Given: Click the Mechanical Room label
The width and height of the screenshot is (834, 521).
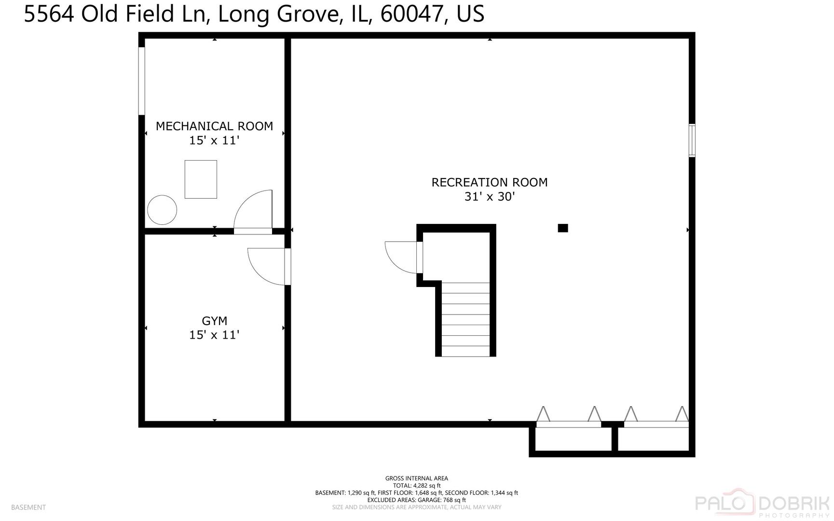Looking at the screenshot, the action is [x=214, y=126].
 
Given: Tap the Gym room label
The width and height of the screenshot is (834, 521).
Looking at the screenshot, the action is [x=214, y=321].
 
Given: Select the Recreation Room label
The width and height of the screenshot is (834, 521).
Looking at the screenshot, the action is [x=490, y=182].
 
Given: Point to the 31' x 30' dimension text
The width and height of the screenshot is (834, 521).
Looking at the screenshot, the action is [x=490, y=197].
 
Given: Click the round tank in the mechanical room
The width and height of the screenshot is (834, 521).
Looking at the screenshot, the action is [x=162, y=210].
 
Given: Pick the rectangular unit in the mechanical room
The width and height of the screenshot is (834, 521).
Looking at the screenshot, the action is [x=201, y=179].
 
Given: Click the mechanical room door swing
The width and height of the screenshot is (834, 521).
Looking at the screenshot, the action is [x=253, y=209].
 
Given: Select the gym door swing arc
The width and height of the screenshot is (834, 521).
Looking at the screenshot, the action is [x=266, y=266].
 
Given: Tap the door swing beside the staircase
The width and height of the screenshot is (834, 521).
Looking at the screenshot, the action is [x=401, y=258].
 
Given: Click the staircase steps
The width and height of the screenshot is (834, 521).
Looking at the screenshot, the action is [x=465, y=319].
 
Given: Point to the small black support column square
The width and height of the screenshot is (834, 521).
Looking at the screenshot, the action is [x=563, y=228].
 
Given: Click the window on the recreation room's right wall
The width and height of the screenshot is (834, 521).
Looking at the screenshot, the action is [x=692, y=140].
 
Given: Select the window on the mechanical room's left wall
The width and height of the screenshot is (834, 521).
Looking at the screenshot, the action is [x=142, y=81].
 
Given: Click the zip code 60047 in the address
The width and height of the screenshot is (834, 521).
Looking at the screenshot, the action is [x=411, y=14].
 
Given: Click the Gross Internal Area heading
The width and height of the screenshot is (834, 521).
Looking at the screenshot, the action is [x=417, y=479].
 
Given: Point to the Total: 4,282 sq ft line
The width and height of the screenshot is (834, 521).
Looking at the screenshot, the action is [x=417, y=486].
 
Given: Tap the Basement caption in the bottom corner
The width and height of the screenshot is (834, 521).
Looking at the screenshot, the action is [x=28, y=507].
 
